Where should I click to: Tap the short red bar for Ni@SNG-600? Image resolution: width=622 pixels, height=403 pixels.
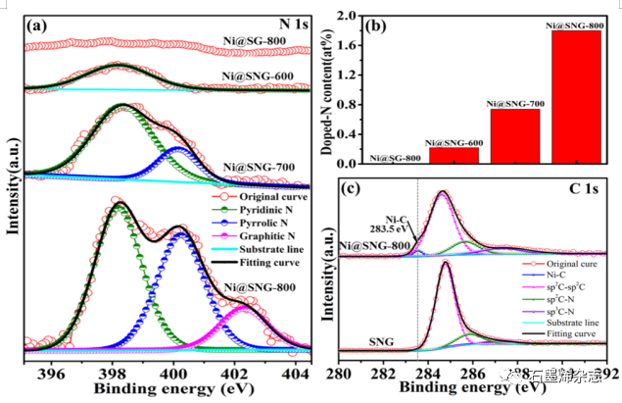pos(454,155)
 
